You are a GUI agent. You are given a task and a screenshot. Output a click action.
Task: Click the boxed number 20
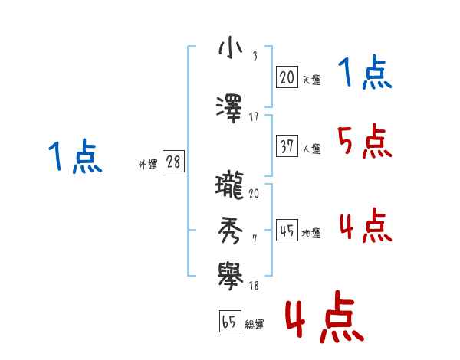(287, 77)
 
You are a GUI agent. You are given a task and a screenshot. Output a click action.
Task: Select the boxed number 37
(287, 146)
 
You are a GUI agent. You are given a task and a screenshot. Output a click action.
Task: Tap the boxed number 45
(287, 231)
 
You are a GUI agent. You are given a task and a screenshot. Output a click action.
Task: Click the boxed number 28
(173, 162)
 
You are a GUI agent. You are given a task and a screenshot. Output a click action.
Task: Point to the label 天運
(312, 80)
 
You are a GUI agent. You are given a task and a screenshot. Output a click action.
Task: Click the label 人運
(312, 149)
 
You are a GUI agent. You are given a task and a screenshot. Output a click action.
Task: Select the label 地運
(312, 234)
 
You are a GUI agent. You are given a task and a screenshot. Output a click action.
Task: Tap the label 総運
(255, 325)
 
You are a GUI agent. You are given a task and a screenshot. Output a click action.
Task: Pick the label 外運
(147, 165)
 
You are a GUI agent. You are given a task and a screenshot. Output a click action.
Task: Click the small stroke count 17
(254, 116)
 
